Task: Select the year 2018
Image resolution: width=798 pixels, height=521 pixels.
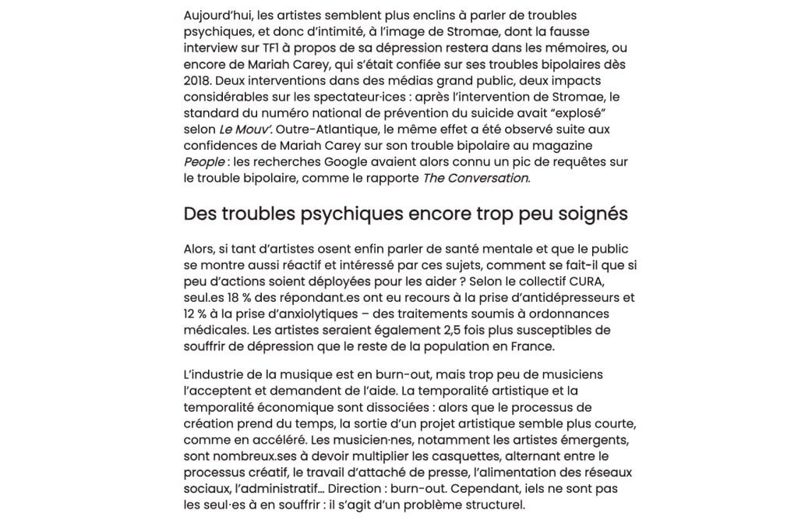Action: pyautogui.click(x=197, y=81)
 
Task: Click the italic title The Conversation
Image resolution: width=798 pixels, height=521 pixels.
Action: pyautogui.click(x=475, y=179)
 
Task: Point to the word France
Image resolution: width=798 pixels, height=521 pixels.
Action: pyautogui.click(x=531, y=346)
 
